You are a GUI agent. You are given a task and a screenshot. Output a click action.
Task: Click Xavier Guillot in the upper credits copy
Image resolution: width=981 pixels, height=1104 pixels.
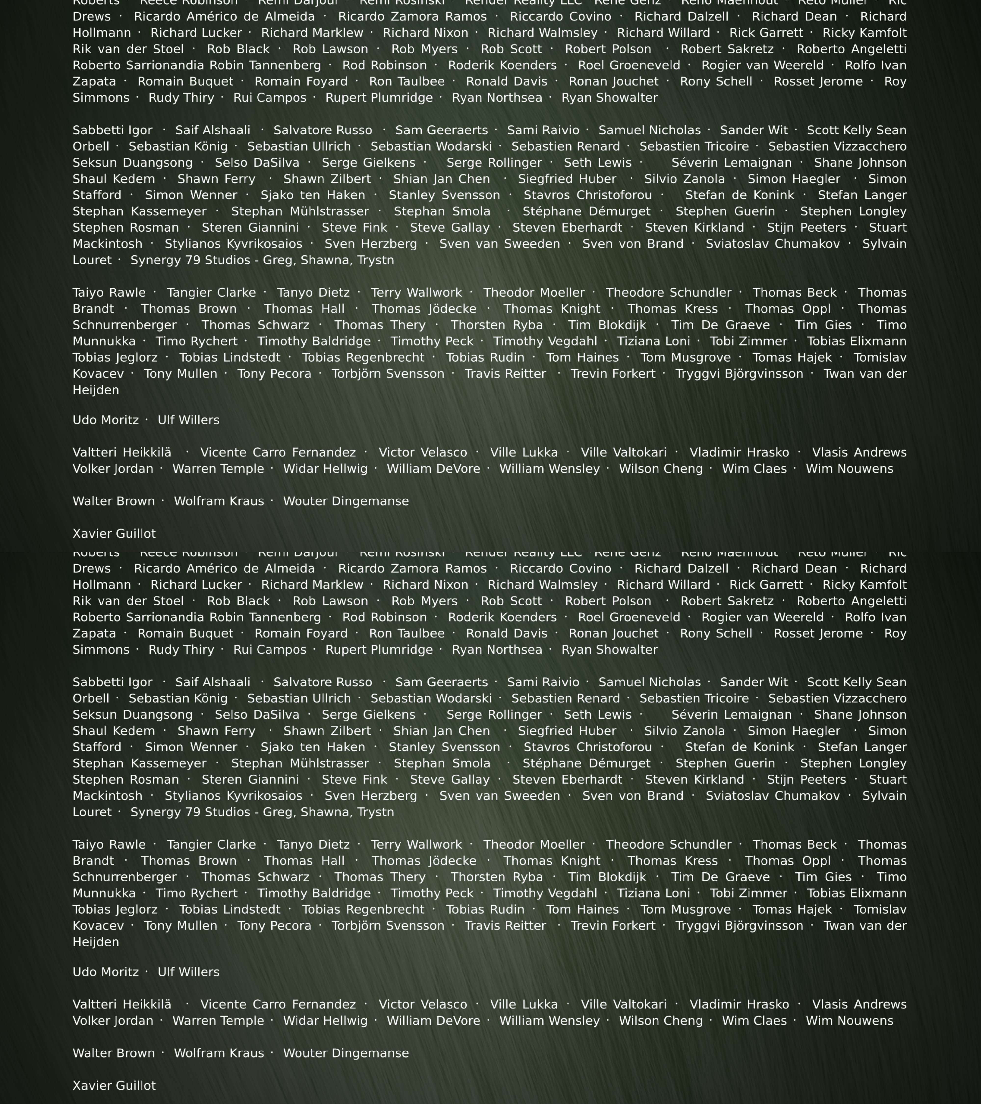pos(114,534)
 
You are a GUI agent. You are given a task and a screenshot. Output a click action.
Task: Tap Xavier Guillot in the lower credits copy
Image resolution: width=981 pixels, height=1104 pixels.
pos(114,1086)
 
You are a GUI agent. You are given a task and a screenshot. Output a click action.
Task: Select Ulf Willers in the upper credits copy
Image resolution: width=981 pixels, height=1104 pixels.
pos(188,420)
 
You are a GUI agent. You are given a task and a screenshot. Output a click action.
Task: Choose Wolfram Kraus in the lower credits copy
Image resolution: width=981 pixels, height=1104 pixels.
pos(219,1053)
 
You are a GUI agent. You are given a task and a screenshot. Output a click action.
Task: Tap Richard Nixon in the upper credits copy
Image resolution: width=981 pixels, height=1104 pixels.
pos(426,33)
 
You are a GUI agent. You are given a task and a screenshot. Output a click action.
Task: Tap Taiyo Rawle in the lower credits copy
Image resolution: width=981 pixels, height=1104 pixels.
pos(109,845)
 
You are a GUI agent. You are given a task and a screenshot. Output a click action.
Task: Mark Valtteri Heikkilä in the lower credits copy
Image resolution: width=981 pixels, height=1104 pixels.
pos(122,1005)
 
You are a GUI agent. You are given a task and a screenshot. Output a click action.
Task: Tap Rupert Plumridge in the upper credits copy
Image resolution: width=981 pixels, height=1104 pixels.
pos(379,98)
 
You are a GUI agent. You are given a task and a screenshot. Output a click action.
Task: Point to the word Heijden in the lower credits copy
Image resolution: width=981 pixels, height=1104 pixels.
pos(96,942)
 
